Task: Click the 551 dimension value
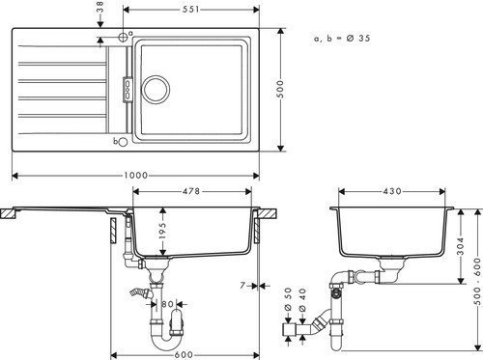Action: (191, 10)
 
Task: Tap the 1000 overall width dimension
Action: (135, 176)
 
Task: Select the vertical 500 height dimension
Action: (281, 89)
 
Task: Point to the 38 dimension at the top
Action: (100, 7)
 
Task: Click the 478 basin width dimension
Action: (191, 191)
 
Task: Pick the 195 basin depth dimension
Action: (163, 230)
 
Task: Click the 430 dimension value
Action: (392, 191)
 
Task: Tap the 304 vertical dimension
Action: (461, 246)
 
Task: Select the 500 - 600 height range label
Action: (478, 282)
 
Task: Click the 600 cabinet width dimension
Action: (184, 355)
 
